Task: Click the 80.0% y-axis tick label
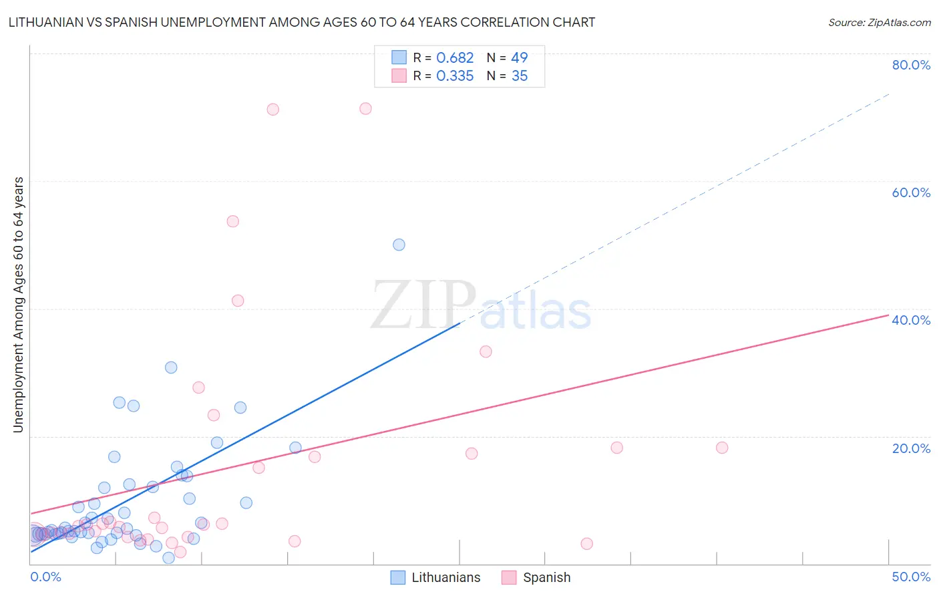click(x=911, y=65)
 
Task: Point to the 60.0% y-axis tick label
click(x=911, y=192)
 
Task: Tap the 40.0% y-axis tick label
click(x=911, y=320)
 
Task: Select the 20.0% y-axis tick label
click(x=911, y=448)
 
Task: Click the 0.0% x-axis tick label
click(x=45, y=577)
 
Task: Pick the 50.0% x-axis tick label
click(x=911, y=577)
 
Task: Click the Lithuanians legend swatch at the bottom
click(x=398, y=577)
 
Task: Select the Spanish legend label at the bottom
click(x=546, y=577)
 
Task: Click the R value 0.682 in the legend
click(x=455, y=58)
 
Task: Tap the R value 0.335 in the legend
click(x=455, y=76)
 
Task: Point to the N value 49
click(x=520, y=58)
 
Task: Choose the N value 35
click(x=520, y=76)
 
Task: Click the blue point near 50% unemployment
click(x=399, y=245)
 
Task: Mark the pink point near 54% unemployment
click(x=232, y=221)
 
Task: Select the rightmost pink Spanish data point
click(x=722, y=448)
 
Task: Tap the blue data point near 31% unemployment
click(x=171, y=367)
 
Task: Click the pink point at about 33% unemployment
click(x=486, y=351)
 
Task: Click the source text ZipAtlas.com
click(x=879, y=23)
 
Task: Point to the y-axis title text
click(x=19, y=305)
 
